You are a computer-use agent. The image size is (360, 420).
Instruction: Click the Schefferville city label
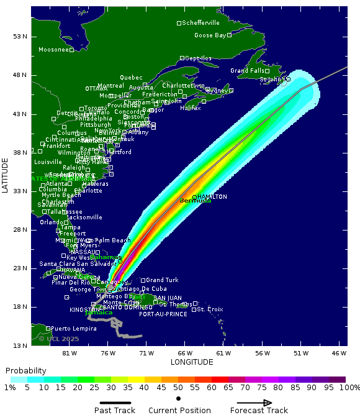(x=200, y=23)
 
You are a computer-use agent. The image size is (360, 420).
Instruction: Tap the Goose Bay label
(x=210, y=35)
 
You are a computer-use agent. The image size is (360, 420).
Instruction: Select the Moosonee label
(x=53, y=50)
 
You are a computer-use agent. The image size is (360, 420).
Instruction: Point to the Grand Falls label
(x=247, y=71)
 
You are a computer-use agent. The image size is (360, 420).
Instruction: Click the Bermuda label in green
(x=195, y=201)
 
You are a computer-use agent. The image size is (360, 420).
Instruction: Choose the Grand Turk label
(x=162, y=280)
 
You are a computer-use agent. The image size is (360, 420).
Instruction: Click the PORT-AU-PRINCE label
(x=163, y=314)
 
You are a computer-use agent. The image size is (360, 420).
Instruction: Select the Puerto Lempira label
(x=73, y=328)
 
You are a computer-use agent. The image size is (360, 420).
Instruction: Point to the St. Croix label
(x=210, y=309)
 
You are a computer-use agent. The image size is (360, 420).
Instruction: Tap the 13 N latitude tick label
(x=20, y=345)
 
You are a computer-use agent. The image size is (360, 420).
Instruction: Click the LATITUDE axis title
(x=6, y=175)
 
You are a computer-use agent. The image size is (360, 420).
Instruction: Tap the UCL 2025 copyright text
(x=59, y=339)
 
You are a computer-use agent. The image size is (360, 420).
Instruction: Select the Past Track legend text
(x=115, y=410)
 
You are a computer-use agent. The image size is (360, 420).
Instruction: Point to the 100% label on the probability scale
(x=349, y=388)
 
